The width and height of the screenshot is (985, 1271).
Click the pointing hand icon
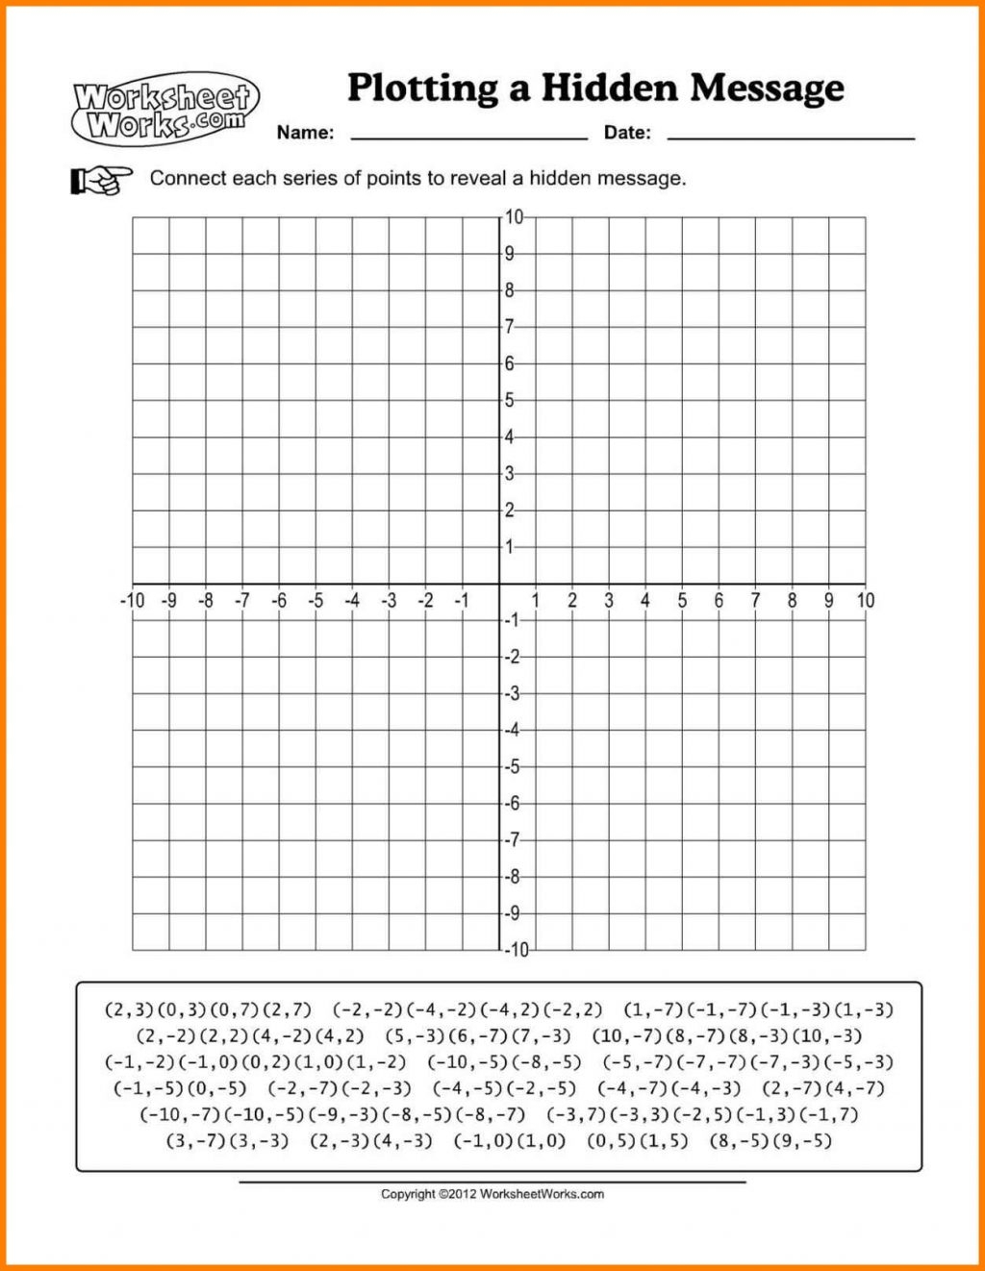coord(101,179)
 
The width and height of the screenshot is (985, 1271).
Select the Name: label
coord(305,133)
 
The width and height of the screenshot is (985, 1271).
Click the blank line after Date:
coord(791,137)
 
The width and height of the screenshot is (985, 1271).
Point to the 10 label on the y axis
coord(515,217)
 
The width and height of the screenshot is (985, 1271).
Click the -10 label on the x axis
coord(132,601)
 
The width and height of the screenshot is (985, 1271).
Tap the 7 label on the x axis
coord(755,601)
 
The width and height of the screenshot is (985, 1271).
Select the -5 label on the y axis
coord(514,766)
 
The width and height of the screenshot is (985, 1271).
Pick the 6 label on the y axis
coord(510,363)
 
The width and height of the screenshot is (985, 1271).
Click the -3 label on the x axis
coord(389,601)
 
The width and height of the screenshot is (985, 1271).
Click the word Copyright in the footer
coord(408,1194)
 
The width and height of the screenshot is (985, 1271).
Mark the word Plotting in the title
coord(423,87)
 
